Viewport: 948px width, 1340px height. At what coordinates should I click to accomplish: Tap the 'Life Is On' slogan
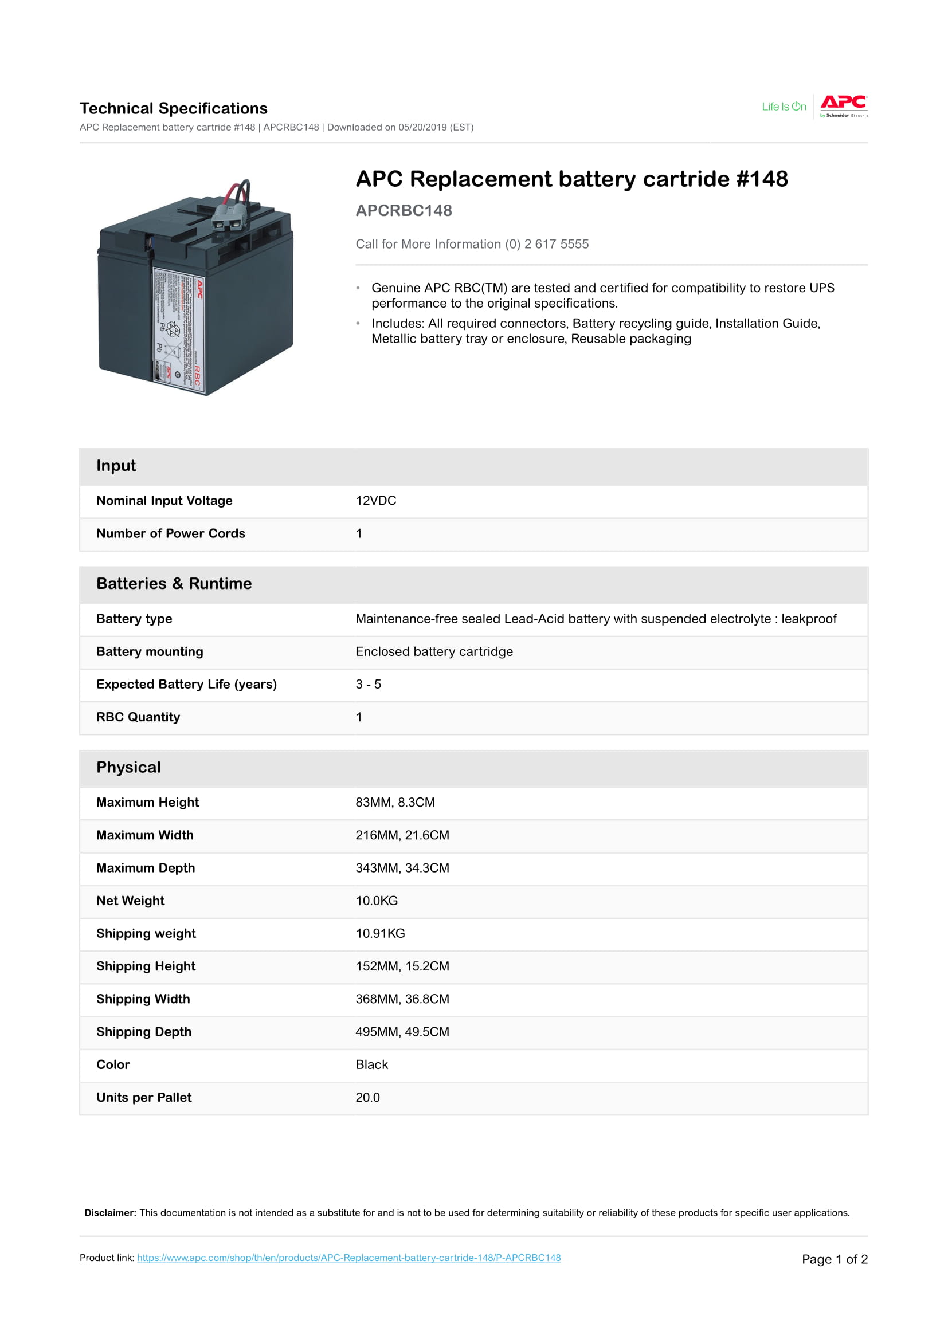click(784, 106)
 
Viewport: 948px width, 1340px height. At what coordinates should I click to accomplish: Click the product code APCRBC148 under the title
click(404, 211)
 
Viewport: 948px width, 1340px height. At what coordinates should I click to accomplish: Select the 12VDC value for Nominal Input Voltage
click(376, 501)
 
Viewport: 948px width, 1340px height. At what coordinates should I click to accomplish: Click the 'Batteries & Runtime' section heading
click(174, 584)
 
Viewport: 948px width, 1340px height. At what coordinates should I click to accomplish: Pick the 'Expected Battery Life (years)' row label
click(186, 684)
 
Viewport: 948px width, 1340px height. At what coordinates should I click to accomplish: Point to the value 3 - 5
click(368, 684)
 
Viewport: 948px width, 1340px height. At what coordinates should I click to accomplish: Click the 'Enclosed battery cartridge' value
click(434, 651)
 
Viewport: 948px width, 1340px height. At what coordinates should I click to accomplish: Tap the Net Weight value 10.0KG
click(377, 901)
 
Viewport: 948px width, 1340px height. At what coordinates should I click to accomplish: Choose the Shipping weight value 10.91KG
click(380, 933)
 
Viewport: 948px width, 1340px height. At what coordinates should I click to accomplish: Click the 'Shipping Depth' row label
click(144, 1032)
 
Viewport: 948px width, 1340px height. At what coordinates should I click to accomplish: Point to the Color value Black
click(372, 1064)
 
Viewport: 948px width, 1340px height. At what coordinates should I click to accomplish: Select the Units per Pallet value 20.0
click(367, 1097)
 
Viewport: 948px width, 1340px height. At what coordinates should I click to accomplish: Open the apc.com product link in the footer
click(348, 1258)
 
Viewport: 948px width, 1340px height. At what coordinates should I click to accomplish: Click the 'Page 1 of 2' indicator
click(834, 1259)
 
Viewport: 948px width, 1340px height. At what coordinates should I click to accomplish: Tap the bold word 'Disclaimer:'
click(110, 1213)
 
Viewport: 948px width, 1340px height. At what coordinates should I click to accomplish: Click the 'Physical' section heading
click(128, 768)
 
